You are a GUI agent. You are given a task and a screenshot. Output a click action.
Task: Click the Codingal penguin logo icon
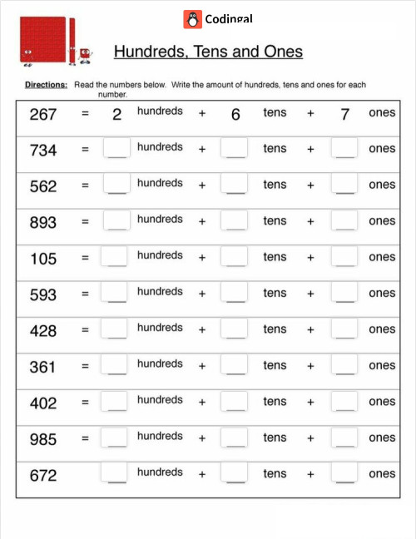[192, 19]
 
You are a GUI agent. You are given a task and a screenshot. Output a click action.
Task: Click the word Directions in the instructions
[47, 85]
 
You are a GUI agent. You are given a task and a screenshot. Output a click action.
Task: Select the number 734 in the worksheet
[43, 150]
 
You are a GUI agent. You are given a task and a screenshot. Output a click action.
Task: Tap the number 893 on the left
[43, 222]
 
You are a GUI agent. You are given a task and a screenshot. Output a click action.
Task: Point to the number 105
[43, 259]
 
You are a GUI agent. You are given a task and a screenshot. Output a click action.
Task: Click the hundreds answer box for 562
[116, 185]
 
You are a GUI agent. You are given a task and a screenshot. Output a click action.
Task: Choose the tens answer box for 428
[235, 329]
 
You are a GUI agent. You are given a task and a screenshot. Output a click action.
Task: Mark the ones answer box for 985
[344, 438]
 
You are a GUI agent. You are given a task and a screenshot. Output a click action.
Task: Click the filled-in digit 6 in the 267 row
[235, 115]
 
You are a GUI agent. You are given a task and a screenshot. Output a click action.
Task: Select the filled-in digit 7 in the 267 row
[344, 115]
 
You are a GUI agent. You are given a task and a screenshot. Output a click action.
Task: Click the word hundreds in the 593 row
[160, 291]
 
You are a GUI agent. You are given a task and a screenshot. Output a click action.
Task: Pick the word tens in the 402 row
[275, 401]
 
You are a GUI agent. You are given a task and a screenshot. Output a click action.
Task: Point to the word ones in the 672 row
[382, 473]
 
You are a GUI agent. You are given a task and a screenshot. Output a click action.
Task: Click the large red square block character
[41, 40]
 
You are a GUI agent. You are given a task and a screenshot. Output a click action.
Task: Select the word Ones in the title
[281, 52]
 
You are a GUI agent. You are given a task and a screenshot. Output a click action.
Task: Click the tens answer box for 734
[235, 148]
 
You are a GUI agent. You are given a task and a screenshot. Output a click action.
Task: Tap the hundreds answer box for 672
[116, 472]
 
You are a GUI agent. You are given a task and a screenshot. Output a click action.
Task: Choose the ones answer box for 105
[344, 257]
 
